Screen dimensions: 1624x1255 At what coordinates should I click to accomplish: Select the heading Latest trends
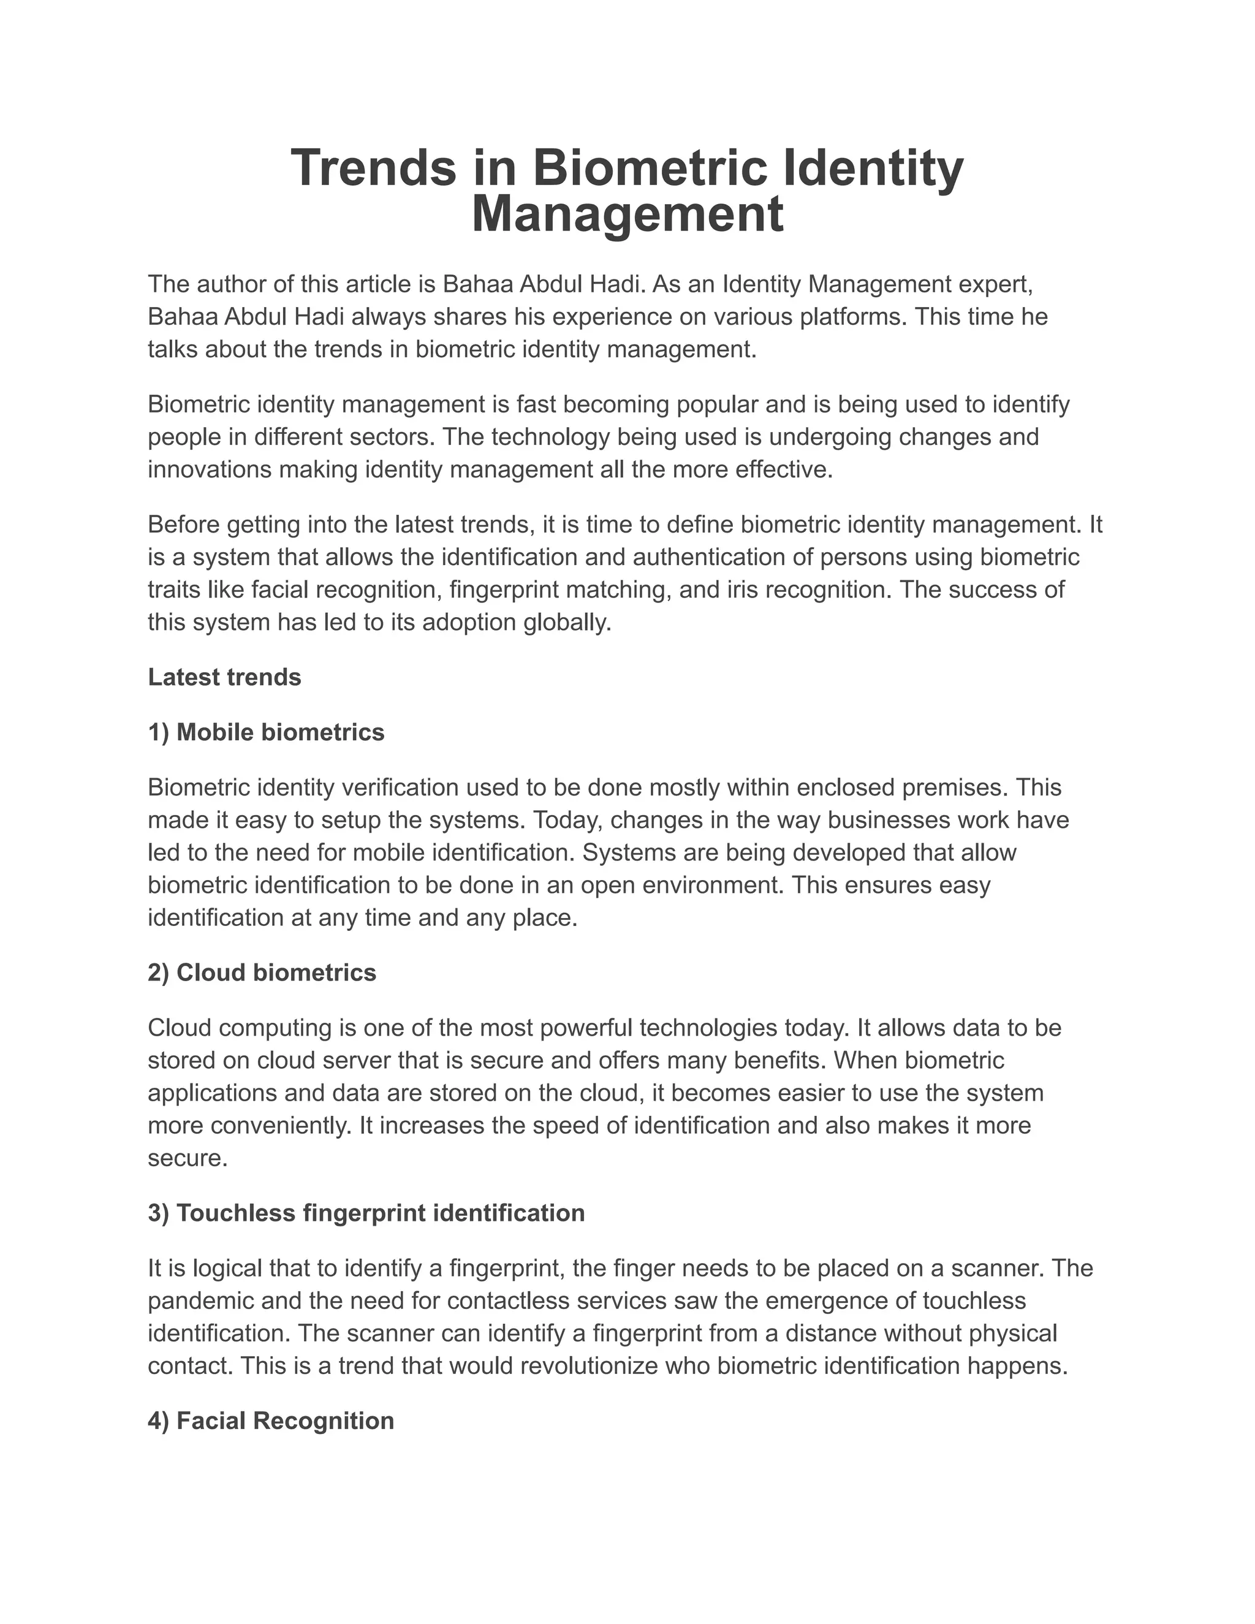224,677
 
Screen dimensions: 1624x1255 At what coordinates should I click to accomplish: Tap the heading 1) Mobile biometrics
266,732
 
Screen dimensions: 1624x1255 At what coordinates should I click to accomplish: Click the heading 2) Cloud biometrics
262,973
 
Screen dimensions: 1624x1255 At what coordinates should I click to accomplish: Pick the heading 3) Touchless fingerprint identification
366,1213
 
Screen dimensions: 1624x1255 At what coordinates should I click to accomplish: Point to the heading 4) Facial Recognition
271,1421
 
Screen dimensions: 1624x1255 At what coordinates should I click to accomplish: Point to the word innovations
210,470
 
